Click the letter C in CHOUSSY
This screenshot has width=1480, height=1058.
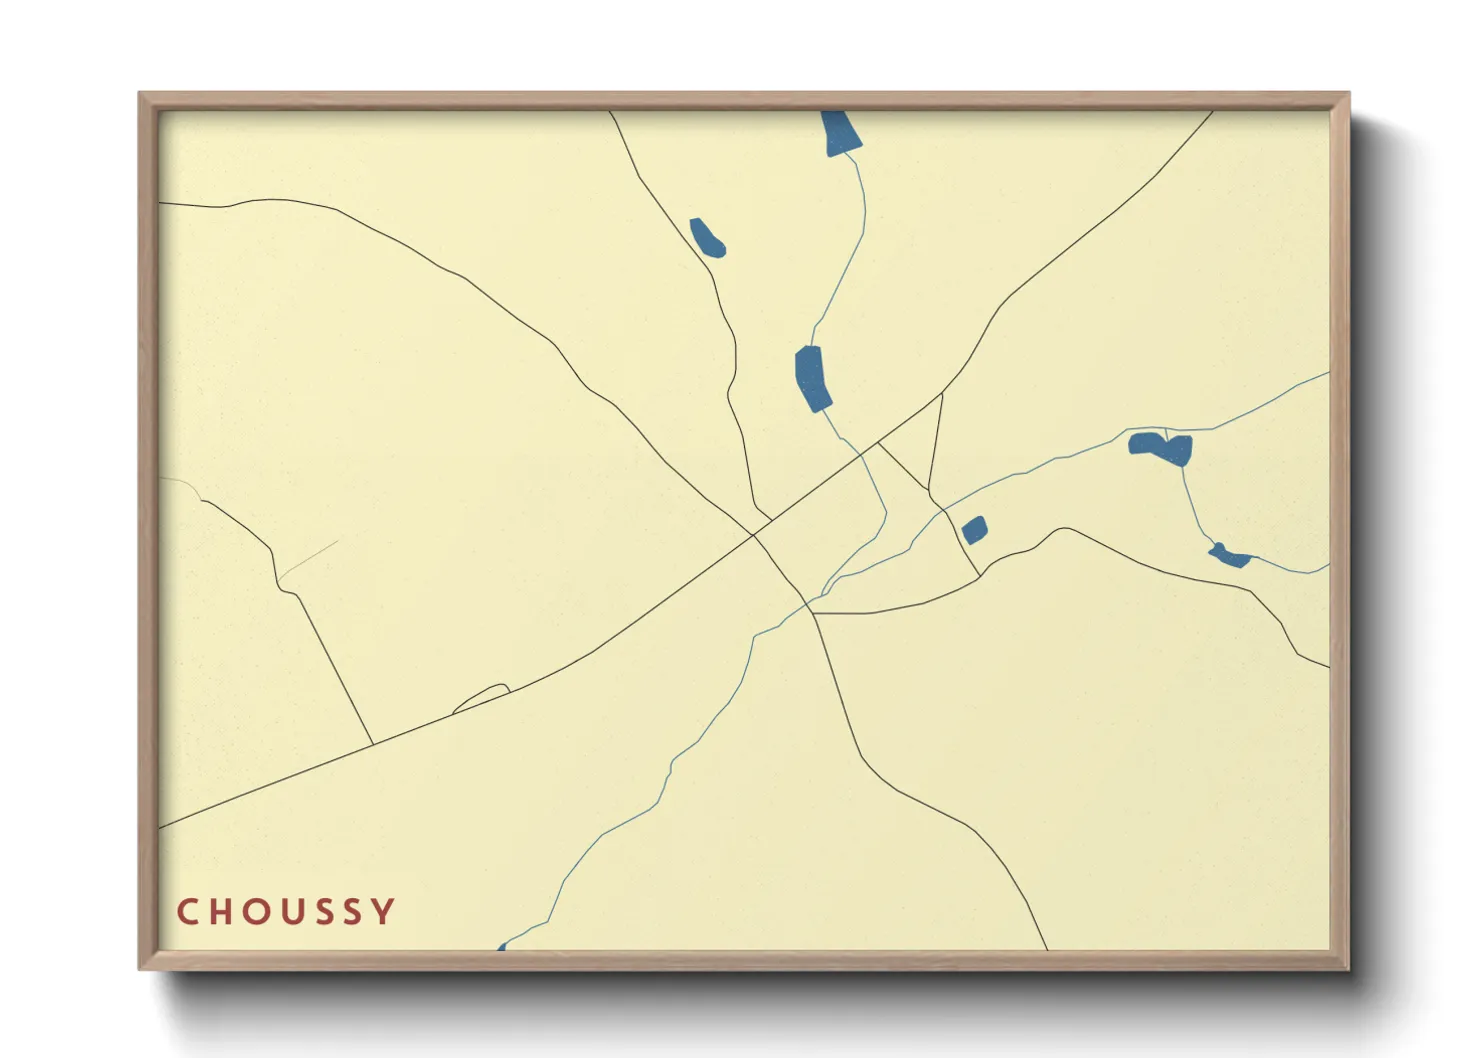[x=187, y=912]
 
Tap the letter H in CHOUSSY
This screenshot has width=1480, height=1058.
[x=219, y=912]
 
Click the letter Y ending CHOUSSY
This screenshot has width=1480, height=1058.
[x=383, y=912]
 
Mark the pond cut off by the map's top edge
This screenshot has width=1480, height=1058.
[x=840, y=132]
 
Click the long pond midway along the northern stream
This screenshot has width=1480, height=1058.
[x=813, y=378]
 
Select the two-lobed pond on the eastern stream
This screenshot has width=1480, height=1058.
[x=1162, y=447]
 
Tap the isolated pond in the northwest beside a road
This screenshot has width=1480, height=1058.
[x=707, y=238]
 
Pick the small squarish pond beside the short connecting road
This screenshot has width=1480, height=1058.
[x=974, y=530]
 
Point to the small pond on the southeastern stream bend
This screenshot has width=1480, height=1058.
[x=1229, y=556]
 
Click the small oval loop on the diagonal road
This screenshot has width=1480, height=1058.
[x=482, y=697]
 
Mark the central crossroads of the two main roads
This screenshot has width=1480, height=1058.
[x=754, y=534]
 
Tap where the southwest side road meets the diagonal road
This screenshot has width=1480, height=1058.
[x=373, y=745]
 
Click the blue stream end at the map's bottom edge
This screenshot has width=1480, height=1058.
[x=501, y=946]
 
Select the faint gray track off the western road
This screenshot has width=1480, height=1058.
[x=308, y=560]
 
